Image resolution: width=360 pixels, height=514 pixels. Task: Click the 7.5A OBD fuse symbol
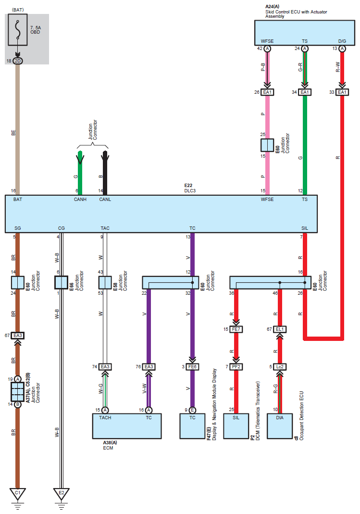point(18,29)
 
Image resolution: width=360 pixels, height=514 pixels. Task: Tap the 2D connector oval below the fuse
point(18,61)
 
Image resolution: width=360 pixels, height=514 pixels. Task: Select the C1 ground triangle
point(18,493)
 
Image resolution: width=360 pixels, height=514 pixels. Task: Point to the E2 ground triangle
point(61,493)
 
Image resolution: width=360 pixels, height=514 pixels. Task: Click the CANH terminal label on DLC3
point(80,200)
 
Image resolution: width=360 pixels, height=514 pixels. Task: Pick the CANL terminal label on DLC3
point(105,200)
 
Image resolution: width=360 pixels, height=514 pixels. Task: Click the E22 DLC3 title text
point(190,188)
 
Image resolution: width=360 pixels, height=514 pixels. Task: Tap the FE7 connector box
point(236,329)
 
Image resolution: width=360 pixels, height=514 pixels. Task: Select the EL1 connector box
point(280,329)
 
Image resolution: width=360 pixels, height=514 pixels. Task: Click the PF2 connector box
point(236,367)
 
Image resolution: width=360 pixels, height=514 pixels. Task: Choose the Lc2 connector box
point(280,367)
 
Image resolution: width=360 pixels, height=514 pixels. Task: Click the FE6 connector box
point(192,367)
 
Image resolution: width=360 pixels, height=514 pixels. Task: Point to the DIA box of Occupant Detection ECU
point(280,426)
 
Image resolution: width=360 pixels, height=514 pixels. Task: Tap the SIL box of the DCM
point(236,426)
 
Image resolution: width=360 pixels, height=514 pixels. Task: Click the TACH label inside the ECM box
point(105,418)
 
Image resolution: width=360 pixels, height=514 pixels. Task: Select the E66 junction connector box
point(61,283)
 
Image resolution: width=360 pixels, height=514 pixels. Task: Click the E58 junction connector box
point(105,283)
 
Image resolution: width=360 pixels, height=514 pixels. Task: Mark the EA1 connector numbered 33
point(342,92)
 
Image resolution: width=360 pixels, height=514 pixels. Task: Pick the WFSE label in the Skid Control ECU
point(267,41)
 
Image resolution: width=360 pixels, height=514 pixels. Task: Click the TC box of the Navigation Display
point(192,426)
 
